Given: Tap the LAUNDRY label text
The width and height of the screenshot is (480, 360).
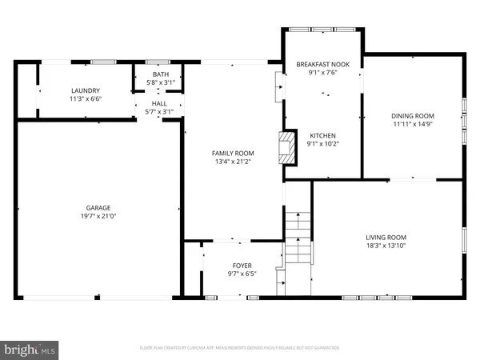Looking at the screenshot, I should tap(85, 91).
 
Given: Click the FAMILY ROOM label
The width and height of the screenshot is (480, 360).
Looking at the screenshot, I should tap(233, 153).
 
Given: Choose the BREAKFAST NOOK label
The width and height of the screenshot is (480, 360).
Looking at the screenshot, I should tap(323, 64).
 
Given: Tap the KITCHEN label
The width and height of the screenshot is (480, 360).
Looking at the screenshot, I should tap(323, 136).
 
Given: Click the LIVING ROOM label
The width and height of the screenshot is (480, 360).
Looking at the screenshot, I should tap(386, 237).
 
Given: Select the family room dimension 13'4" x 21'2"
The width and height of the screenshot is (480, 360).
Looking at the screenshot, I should tap(233, 162).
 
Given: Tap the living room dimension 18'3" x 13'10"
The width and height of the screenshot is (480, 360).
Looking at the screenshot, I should tap(386, 246).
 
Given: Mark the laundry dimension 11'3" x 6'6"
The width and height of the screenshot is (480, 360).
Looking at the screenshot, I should tap(85, 100).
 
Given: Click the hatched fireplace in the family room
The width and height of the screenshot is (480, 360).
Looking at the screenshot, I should tap(282, 148).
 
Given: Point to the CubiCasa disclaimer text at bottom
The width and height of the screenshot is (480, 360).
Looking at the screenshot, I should tap(239, 348).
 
